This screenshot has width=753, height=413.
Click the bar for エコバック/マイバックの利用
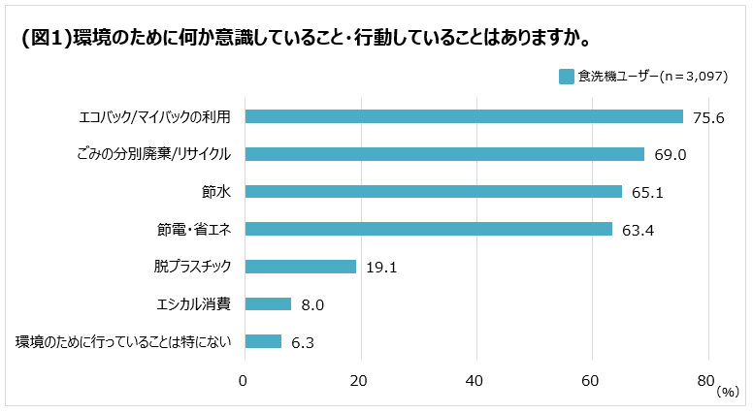click(x=464, y=116)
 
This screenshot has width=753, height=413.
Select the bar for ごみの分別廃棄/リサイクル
click(x=444, y=154)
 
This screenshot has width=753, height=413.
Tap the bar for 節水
click(x=433, y=192)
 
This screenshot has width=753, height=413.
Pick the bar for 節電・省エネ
click(x=428, y=229)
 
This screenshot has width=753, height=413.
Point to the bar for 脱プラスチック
click(x=300, y=267)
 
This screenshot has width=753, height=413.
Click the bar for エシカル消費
click(x=268, y=304)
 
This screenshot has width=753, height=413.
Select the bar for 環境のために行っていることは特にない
click(x=263, y=341)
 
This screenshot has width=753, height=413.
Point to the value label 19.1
click(x=382, y=268)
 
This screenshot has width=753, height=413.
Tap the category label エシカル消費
click(x=193, y=304)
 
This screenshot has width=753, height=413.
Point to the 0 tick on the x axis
click(x=245, y=381)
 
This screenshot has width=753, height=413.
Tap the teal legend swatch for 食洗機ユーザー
click(x=567, y=77)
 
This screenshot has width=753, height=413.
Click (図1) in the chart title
click(x=46, y=40)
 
